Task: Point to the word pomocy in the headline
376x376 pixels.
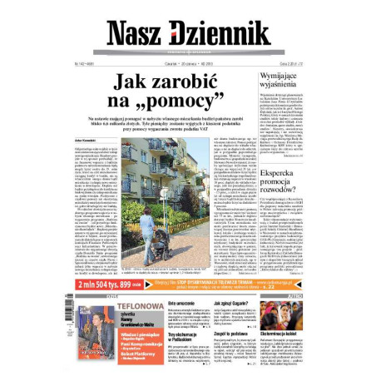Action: pos(192,105)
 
